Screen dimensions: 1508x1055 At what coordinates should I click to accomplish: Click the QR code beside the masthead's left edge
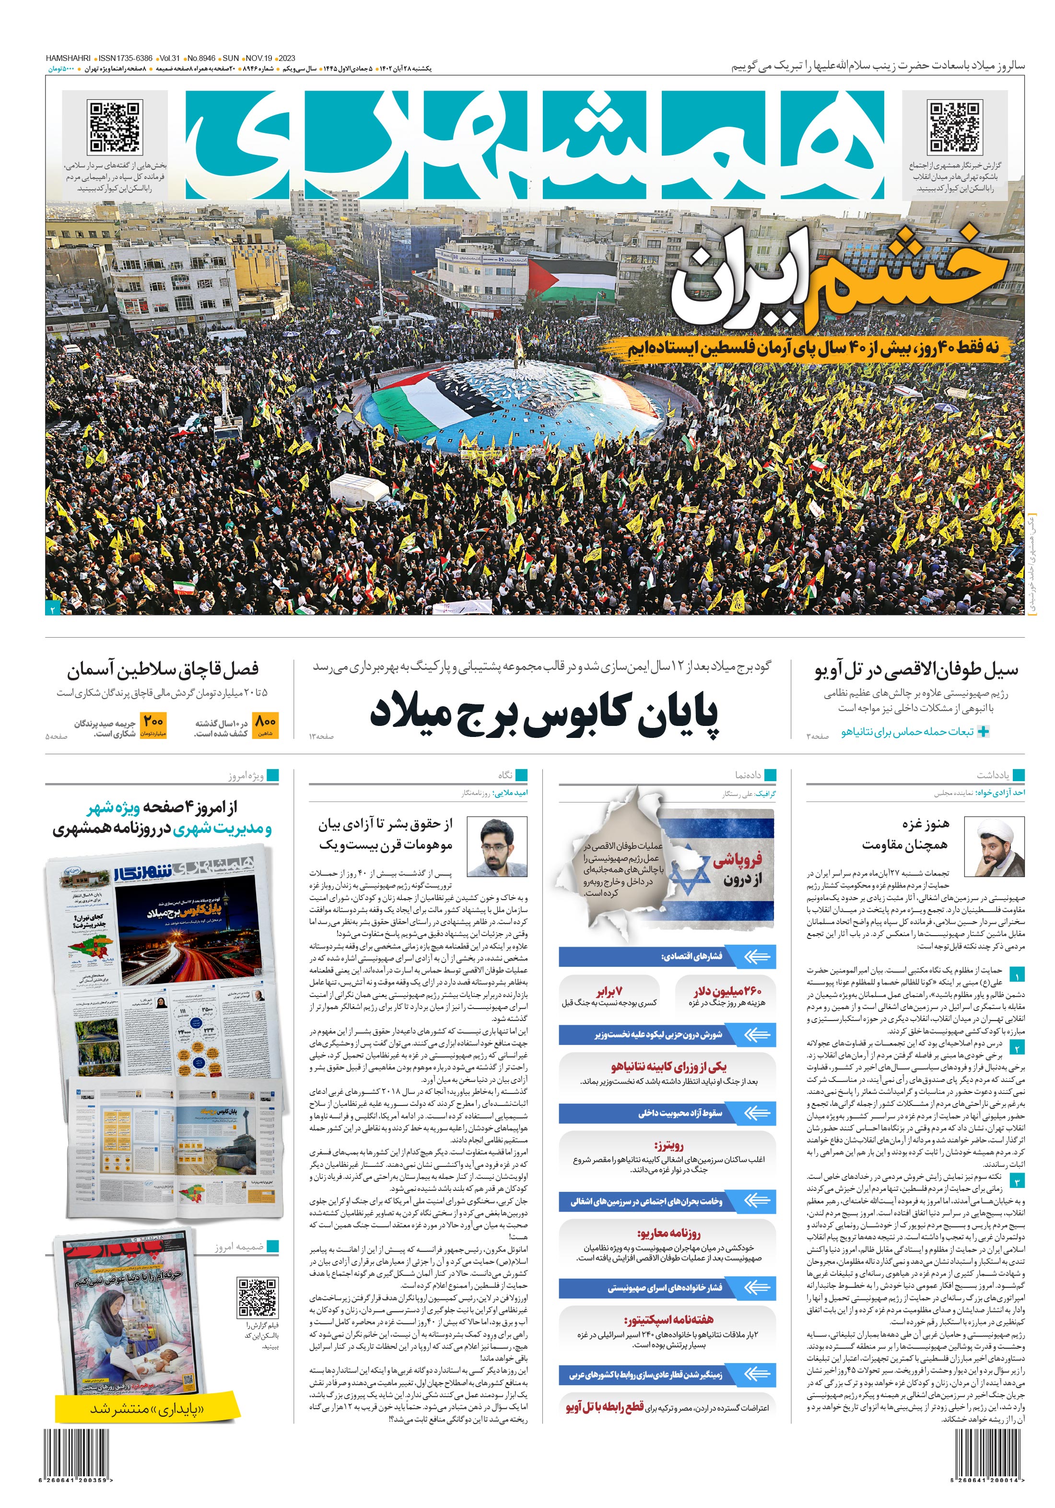(x=116, y=127)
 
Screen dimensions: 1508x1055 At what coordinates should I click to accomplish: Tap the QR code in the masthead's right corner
(x=955, y=127)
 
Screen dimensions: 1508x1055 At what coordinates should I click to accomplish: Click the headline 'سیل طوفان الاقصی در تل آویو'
(x=916, y=670)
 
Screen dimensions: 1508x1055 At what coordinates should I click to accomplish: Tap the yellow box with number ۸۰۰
(x=265, y=725)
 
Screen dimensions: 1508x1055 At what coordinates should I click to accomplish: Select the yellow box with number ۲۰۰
(x=153, y=725)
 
